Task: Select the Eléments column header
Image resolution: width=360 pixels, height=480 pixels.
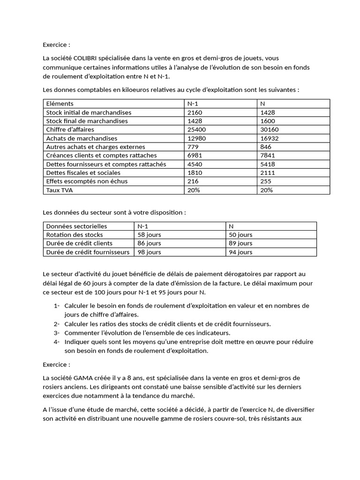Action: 60,104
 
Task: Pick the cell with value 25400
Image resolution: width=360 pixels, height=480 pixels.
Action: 196,129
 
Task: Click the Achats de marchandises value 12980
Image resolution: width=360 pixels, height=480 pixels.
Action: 196,138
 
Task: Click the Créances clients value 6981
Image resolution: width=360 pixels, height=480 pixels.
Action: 195,155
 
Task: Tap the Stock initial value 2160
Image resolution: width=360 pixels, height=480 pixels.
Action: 195,112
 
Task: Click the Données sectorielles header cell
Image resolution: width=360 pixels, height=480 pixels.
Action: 76,226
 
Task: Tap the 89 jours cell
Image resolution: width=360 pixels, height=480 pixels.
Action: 240,243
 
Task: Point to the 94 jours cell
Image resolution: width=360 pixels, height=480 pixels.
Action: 240,252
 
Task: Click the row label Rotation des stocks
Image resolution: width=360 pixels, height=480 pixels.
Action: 75,235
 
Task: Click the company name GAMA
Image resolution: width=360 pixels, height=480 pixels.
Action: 82,378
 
